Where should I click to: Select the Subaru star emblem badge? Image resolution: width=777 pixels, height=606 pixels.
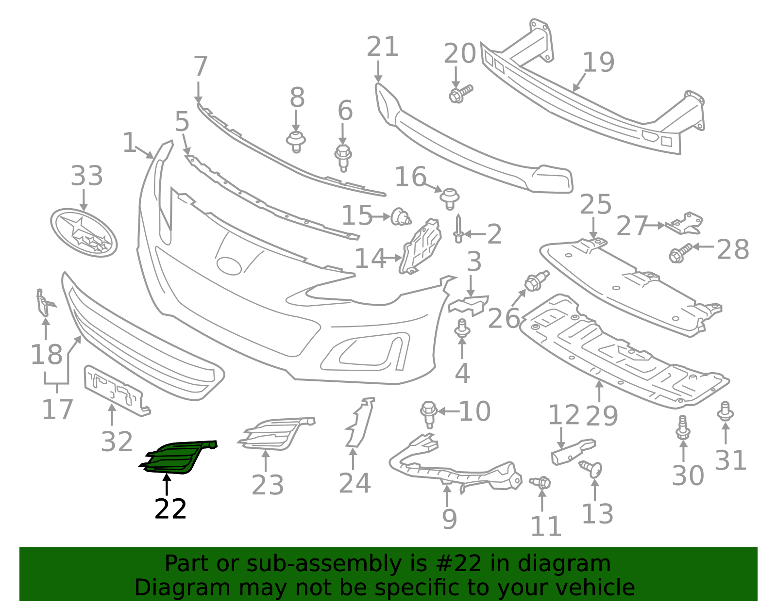point(84,232)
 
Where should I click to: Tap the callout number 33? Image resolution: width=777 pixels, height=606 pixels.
point(87,176)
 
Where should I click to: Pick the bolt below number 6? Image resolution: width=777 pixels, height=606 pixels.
point(343,158)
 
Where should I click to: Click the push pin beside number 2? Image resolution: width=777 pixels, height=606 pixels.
point(458,229)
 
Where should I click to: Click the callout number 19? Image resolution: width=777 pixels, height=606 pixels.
point(599,63)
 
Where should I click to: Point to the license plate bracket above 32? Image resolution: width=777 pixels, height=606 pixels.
point(116,391)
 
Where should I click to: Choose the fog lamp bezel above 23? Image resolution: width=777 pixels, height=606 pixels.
point(276,433)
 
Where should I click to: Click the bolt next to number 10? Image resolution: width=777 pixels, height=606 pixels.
point(429,414)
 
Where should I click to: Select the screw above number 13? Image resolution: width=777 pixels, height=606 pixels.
point(591,469)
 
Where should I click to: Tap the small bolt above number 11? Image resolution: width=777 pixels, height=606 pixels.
point(541,482)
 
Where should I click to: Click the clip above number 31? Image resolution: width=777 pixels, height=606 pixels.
point(725,412)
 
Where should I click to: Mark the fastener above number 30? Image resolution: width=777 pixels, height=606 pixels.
point(683,428)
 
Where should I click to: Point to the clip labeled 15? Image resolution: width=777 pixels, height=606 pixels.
point(401,217)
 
